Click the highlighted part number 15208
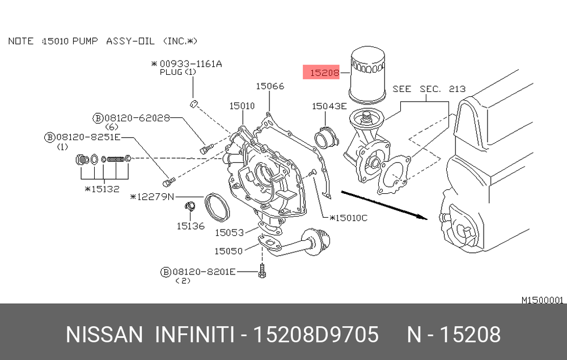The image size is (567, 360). pyautogui.click(x=325, y=73)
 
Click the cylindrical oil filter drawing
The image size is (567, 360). pyautogui.click(x=367, y=74)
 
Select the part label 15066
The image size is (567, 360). pyautogui.click(x=270, y=86)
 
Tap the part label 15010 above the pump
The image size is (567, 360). pyautogui.click(x=242, y=106)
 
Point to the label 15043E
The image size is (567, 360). pyautogui.click(x=329, y=106)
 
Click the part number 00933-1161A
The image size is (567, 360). pyautogui.click(x=191, y=64)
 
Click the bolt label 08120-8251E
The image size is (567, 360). pyautogui.click(x=88, y=137)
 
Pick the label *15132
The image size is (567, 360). pyautogui.click(x=102, y=189)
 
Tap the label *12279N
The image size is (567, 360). pyautogui.click(x=152, y=197)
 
